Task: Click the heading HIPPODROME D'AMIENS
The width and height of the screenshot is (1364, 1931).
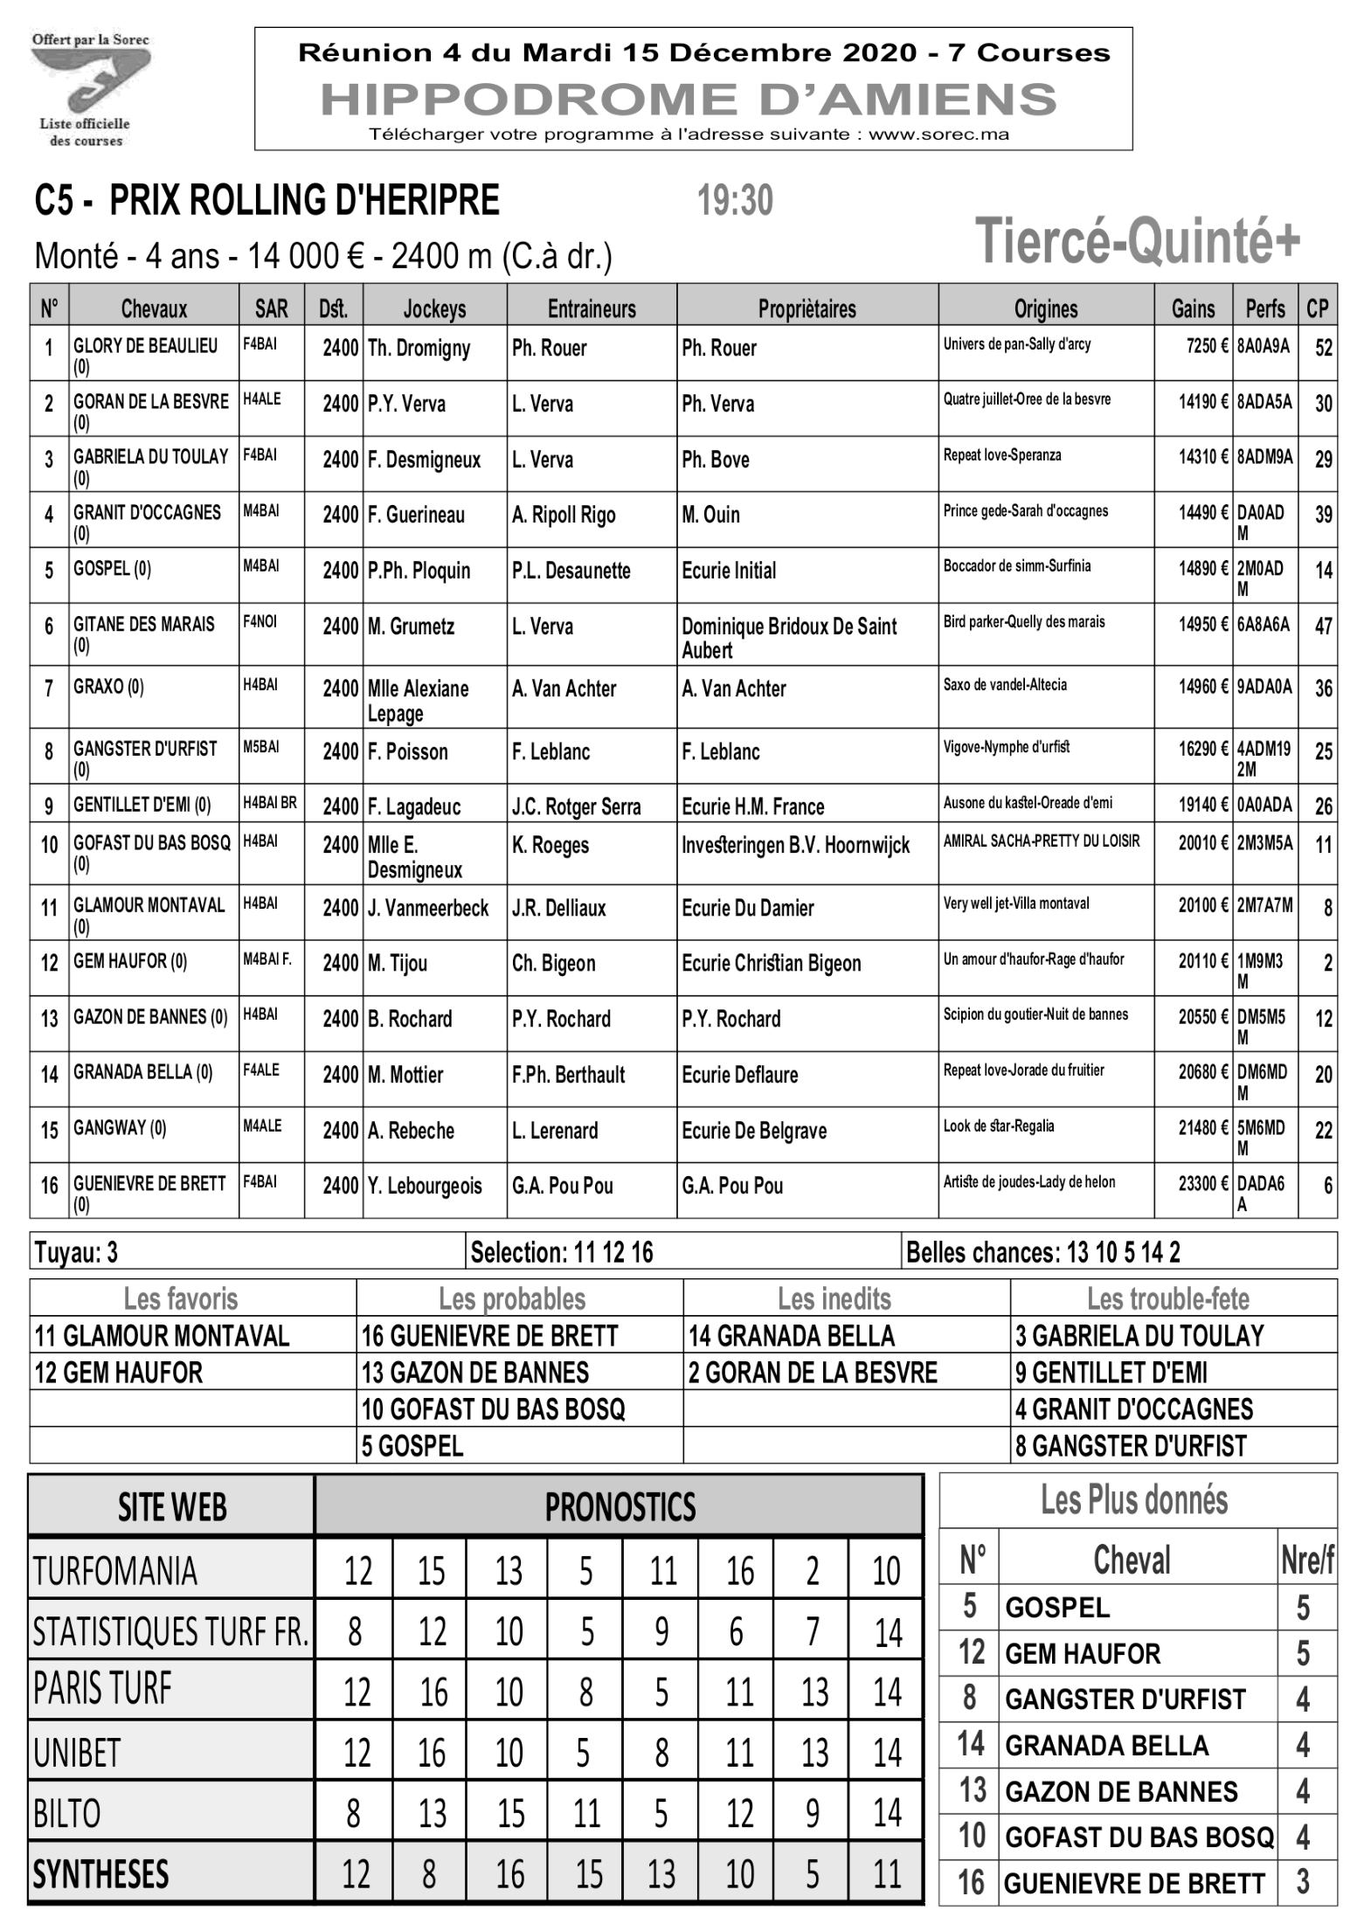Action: click(689, 99)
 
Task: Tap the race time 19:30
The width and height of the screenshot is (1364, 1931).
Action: click(735, 201)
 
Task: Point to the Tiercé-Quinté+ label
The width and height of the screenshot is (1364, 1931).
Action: click(1137, 241)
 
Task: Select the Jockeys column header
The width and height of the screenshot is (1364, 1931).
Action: click(434, 308)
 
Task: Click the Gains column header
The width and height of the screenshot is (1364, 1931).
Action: click(1193, 308)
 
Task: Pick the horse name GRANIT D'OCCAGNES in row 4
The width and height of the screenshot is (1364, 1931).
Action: click(147, 512)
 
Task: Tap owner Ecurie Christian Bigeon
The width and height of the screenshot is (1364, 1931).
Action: click(771, 963)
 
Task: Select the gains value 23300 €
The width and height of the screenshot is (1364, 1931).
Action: click(1203, 1185)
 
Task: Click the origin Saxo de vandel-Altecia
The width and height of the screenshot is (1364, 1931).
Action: click(1005, 685)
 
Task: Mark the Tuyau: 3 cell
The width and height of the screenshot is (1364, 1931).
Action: click(76, 1253)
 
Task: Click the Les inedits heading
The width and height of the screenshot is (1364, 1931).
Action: click(834, 1299)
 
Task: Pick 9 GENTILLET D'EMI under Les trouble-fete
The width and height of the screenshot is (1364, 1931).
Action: click(1111, 1373)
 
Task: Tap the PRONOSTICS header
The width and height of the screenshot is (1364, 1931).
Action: click(620, 1506)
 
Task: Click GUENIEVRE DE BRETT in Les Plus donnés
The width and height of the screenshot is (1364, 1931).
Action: click(1133, 1884)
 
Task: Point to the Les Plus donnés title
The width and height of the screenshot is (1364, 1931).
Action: click(1133, 1500)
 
